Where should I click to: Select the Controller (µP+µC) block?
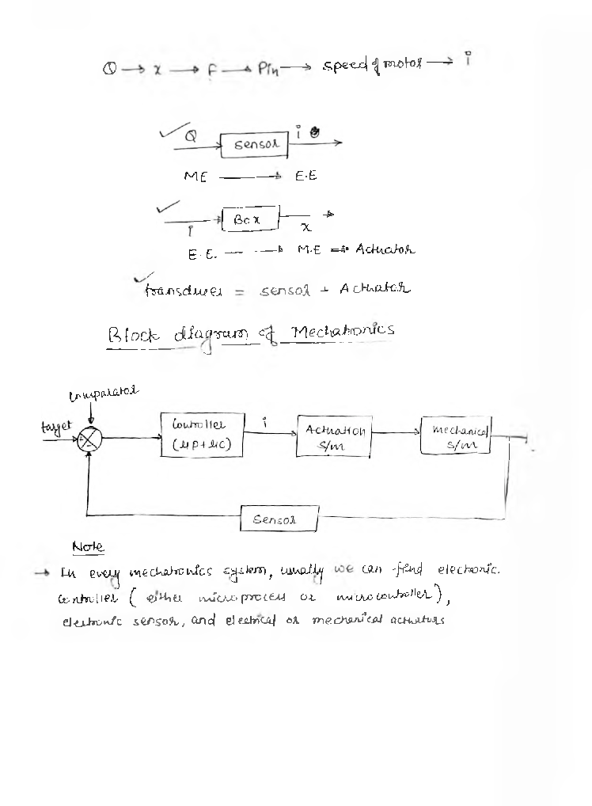click(201, 434)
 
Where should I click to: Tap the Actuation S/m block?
click(334, 436)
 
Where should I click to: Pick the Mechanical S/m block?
click(455, 435)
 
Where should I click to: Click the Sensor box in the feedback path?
click(279, 520)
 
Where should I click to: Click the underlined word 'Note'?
click(88, 547)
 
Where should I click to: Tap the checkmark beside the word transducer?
click(143, 277)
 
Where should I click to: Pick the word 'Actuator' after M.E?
click(385, 250)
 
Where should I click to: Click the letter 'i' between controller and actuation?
click(266, 424)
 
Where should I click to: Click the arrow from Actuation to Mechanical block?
click(396, 433)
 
